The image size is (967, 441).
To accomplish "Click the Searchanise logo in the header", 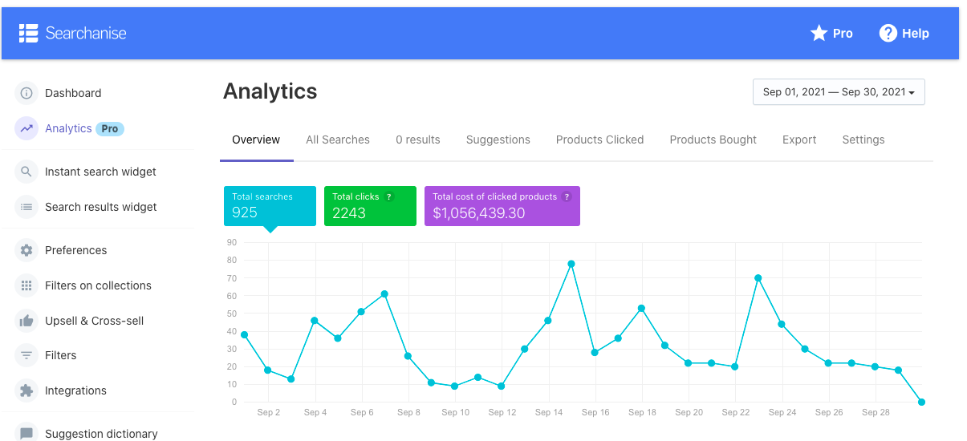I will click(x=73, y=33).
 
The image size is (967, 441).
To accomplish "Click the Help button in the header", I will click(x=904, y=33).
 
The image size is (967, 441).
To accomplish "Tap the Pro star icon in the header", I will click(x=819, y=33).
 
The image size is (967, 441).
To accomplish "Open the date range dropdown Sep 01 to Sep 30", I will click(x=839, y=92).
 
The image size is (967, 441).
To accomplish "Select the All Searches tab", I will click(x=338, y=140).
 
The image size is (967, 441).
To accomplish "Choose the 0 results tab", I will click(x=418, y=140).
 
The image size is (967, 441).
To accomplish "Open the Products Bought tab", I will click(x=713, y=140).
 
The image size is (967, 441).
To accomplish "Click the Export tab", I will click(x=799, y=140).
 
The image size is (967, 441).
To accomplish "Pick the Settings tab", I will click(x=863, y=140).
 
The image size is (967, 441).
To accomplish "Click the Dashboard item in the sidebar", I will click(x=72, y=93).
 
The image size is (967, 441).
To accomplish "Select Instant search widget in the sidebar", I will click(x=100, y=172).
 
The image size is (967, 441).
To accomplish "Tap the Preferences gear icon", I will click(x=26, y=250).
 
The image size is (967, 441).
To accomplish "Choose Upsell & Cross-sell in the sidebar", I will click(x=94, y=321).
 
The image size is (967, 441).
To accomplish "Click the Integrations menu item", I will click(x=75, y=390).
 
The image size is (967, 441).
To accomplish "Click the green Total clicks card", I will click(x=370, y=206).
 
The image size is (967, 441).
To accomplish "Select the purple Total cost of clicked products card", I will click(x=502, y=206).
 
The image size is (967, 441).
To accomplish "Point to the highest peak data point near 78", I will click(x=571, y=264).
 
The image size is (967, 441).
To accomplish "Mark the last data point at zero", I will click(x=921, y=402).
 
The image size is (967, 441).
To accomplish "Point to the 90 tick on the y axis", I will click(x=232, y=242).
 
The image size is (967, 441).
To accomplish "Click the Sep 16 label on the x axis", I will click(x=595, y=412).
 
